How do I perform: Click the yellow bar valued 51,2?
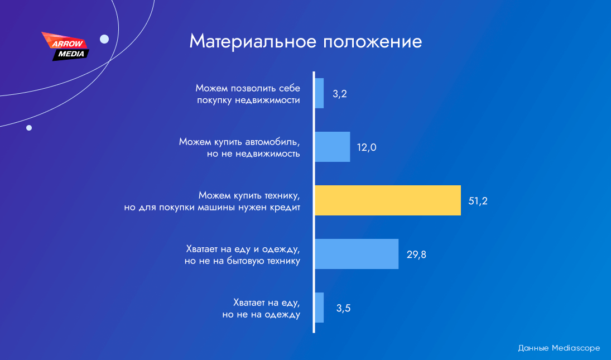388,200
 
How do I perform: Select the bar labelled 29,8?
357,254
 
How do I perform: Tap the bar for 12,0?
333,147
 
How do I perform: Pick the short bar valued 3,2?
319,93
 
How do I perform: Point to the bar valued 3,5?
319,308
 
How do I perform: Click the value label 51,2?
478,201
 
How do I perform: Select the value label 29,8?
416,255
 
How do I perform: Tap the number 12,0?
367,147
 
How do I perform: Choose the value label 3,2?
340,94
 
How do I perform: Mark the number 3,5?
343,308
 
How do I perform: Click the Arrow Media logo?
66,46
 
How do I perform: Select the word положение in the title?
373,41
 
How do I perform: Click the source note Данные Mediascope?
559,348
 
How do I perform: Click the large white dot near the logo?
104,39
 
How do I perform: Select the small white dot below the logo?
29,128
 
